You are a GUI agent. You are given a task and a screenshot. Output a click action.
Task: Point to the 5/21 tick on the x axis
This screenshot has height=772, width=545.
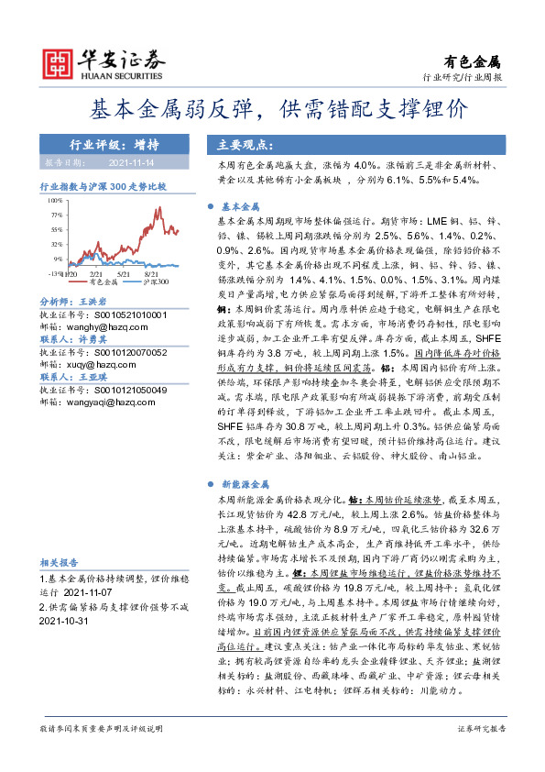click(x=124, y=273)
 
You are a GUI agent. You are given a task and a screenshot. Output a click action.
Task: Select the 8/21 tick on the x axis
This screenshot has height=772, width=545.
click(x=152, y=273)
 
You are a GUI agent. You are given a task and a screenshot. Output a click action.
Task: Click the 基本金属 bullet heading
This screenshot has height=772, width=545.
click(x=243, y=207)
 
